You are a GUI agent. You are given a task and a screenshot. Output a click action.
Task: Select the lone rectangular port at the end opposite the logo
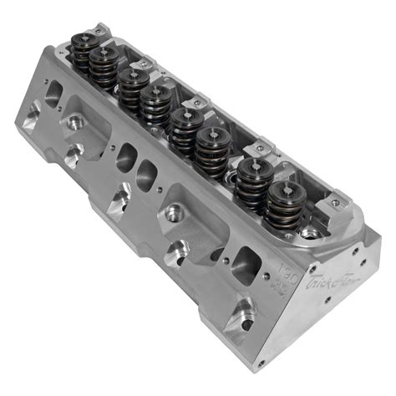click(53, 94)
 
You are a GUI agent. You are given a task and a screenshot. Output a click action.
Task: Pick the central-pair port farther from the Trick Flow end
click(127, 156)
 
